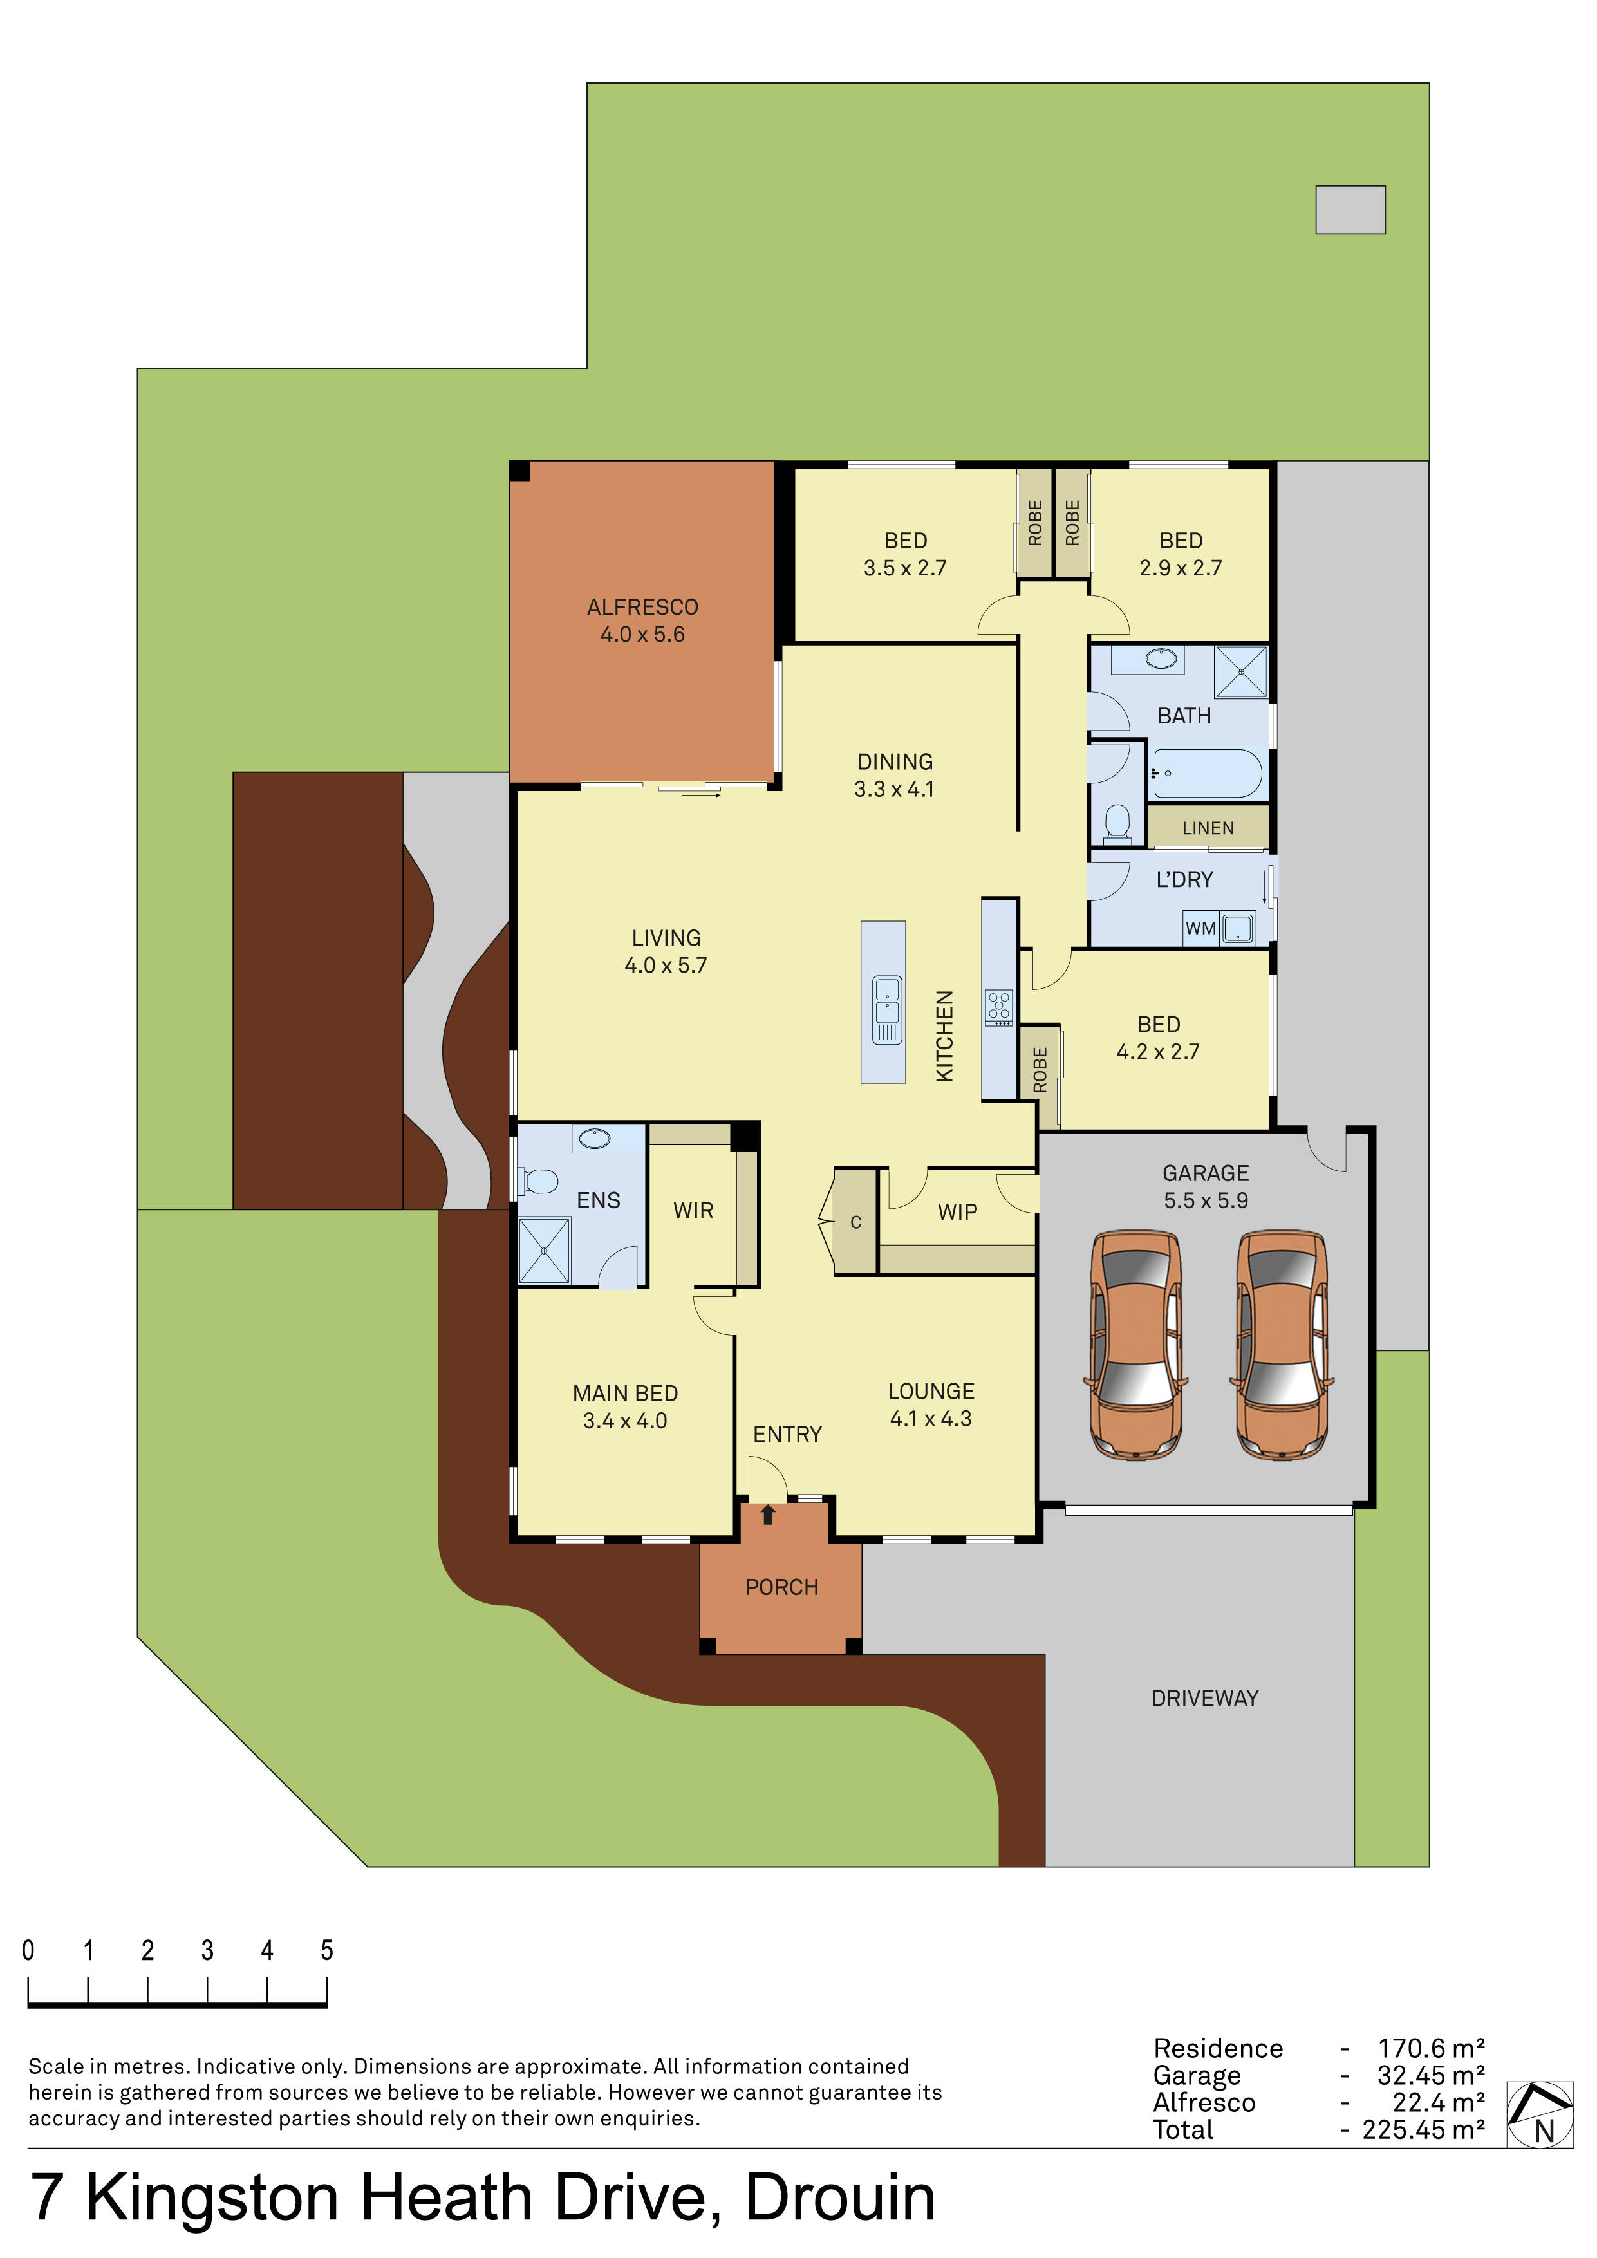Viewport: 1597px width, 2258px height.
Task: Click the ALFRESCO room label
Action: coord(642,607)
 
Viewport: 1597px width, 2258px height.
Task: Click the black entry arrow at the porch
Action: coord(768,1515)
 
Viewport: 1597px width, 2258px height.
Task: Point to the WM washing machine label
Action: coord(1200,928)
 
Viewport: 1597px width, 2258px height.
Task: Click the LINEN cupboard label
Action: coord(1208,828)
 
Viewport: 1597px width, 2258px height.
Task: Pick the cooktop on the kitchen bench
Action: coord(999,1008)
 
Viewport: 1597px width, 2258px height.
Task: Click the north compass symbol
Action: coord(1540,2113)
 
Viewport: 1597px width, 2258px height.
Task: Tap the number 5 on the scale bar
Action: coord(326,1951)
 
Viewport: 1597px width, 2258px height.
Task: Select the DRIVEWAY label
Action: coord(1204,1699)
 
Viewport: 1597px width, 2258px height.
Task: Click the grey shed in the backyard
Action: coord(1350,209)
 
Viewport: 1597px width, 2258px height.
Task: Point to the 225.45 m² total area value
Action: coord(1423,2130)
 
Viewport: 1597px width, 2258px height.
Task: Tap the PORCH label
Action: coord(782,1587)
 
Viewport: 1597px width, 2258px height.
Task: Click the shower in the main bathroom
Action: coord(1241,672)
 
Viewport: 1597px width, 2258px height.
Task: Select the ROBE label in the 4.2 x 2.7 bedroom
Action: coord(1040,1070)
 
